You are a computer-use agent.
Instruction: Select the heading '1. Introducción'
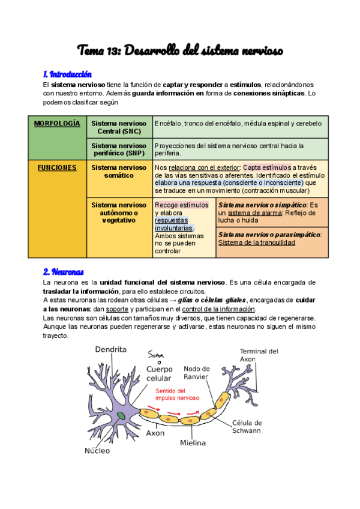(67, 74)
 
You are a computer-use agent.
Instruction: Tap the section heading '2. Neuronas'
(63, 271)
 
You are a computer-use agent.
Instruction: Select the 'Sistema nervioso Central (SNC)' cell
(119, 127)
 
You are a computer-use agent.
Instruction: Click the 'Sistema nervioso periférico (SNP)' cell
(119, 149)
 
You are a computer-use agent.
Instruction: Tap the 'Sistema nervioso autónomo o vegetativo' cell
(119, 212)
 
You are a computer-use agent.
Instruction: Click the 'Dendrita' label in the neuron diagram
(110, 349)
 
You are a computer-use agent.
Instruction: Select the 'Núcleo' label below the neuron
(97, 450)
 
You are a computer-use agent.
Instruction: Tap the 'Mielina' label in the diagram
(193, 443)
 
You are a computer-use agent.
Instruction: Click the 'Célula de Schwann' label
(246, 427)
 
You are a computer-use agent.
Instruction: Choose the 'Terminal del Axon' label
(259, 355)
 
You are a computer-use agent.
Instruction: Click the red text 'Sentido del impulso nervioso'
(178, 394)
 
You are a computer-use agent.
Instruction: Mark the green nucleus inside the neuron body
(121, 415)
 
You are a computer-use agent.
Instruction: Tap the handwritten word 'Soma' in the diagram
(158, 355)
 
